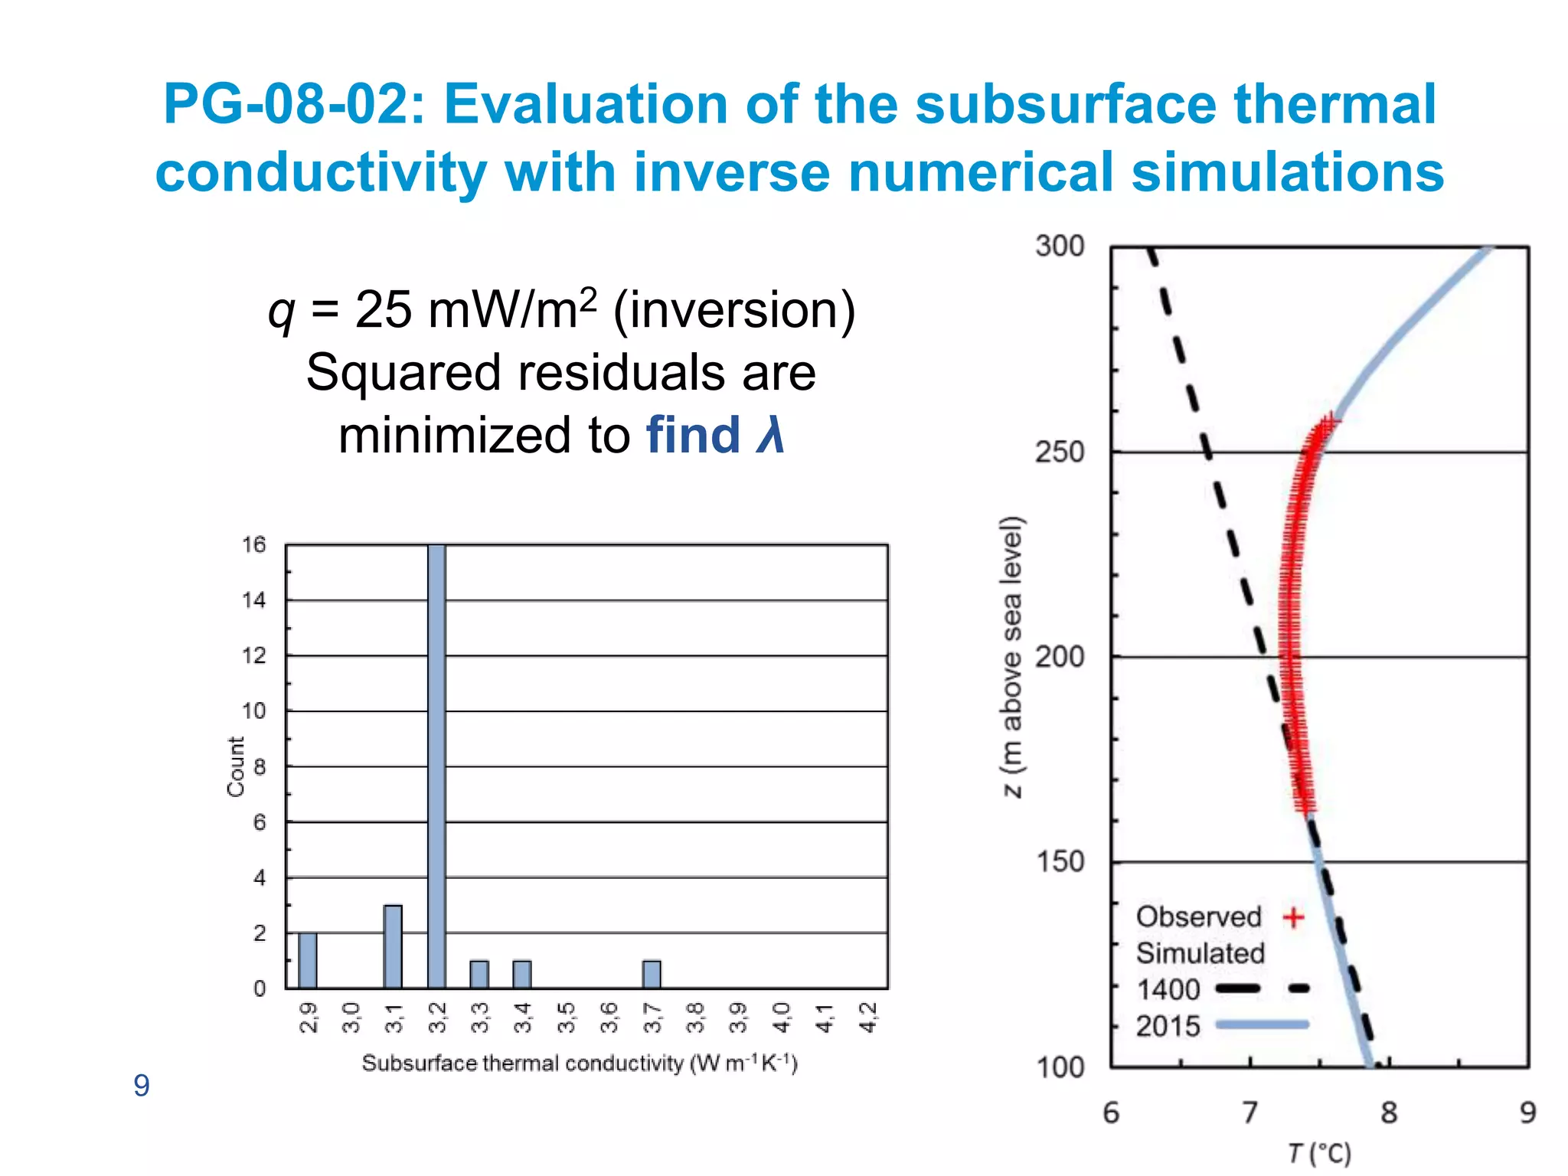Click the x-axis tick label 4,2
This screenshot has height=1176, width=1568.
click(x=868, y=1018)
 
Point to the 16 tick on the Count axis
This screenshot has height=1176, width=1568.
click(x=253, y=545)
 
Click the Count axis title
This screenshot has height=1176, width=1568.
click(x=236, y=766)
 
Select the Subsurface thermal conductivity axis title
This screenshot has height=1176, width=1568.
click(x=580, y=1063)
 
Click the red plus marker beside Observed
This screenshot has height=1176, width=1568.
click(x=1293, y=917)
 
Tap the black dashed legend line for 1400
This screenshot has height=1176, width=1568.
click(x=1262, y=988)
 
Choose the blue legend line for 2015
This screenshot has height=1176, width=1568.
click(x=1262, y=1024)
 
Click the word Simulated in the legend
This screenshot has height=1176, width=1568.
click(x=1200, y=953)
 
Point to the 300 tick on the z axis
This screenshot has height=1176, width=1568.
click(x=1060, y=247)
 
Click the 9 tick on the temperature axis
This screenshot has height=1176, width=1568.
click(x=1527, y=1112)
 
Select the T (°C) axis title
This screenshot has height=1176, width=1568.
click(x=1319, y=1153)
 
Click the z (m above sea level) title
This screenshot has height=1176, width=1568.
click(x=1012, y=656)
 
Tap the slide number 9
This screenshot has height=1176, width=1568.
click(x=142, y=1086)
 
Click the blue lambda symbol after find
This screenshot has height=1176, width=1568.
click(x=770, y=435)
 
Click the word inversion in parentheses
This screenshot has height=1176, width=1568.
click(x=734, y=310)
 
